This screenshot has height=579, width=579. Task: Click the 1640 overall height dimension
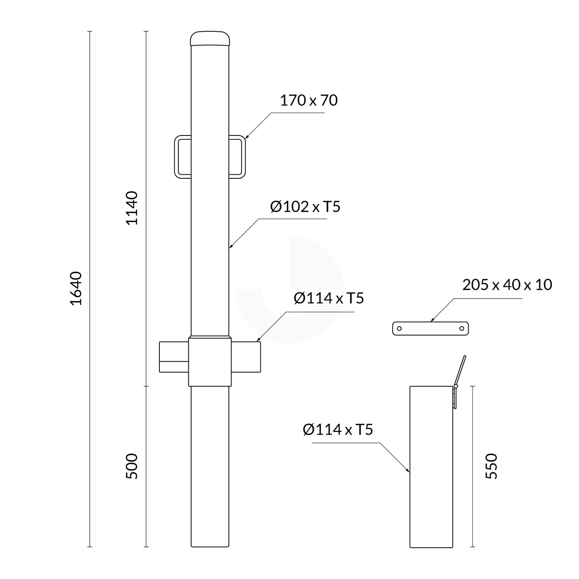point(76,288)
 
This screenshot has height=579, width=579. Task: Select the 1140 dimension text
point(132,208)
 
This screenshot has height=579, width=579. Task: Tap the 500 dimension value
point(132,466)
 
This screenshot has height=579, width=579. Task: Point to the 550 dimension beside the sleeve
point(491,466)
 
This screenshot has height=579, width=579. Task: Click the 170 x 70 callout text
point(308,100)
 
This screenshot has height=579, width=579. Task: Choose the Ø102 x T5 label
point(305,207)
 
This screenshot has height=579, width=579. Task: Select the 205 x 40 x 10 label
point(507,285)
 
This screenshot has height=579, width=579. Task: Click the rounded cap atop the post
point(210,38)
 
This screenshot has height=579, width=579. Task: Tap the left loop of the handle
point(182,156)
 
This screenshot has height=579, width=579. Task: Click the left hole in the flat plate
point(399,329)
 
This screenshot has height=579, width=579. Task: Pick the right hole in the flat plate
point(462,329)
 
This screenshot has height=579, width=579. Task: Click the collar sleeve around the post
point(210,362)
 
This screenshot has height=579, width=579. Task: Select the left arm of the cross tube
point(174,357)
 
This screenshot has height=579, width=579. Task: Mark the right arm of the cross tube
point(246,357)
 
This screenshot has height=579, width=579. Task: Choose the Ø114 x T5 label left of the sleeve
point(338,430)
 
